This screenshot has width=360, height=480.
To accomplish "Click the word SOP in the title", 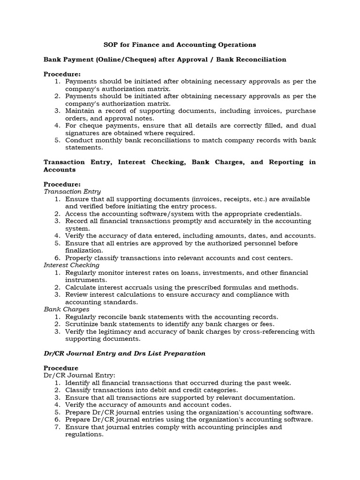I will [111, 45].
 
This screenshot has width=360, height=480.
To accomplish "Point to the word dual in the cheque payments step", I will [308, 126].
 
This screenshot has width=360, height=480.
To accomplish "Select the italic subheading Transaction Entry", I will [72, 191].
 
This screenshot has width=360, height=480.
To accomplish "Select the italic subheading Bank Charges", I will [66, 309].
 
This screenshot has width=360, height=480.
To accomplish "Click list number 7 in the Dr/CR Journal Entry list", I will [57, 427].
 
